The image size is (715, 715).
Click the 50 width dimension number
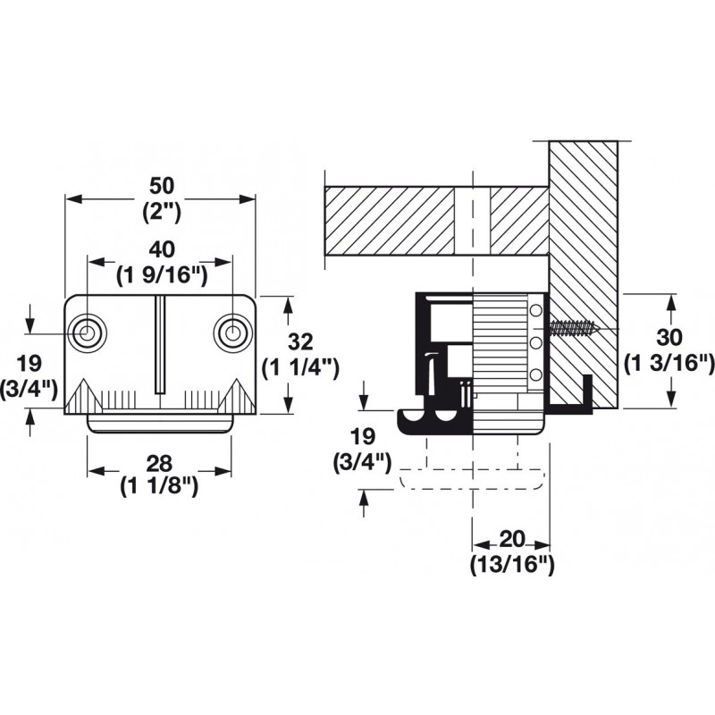coord(162,186)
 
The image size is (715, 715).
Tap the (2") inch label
coord(162,212)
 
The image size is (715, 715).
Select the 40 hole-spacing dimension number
coord(162,250)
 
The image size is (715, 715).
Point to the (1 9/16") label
coord(162,276)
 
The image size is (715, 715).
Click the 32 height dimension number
coord(301,342)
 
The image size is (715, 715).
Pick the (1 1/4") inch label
coord(301,367)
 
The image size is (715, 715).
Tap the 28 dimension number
coord(160,463)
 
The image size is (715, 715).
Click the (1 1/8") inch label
coord(160,488)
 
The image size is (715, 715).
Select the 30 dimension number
coord(669,338)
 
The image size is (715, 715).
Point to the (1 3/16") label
coord(669,364)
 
